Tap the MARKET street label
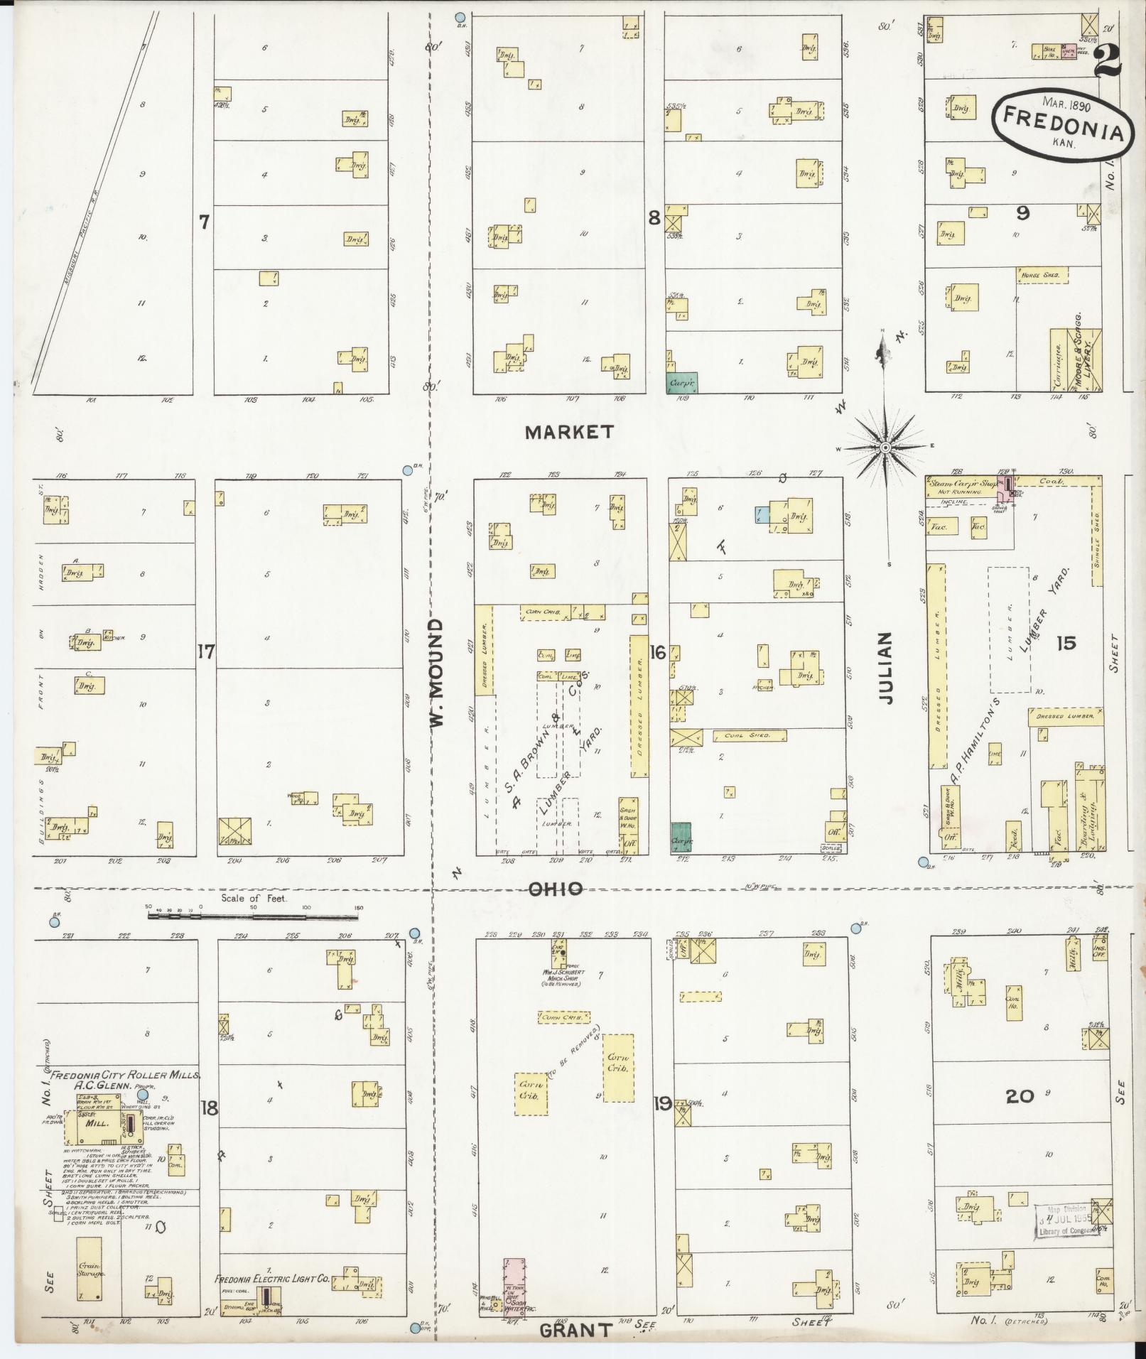coord(569,432)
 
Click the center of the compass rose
coord(886,448)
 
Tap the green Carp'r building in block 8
coord(682,383)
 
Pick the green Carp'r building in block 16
coord(681,837)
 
